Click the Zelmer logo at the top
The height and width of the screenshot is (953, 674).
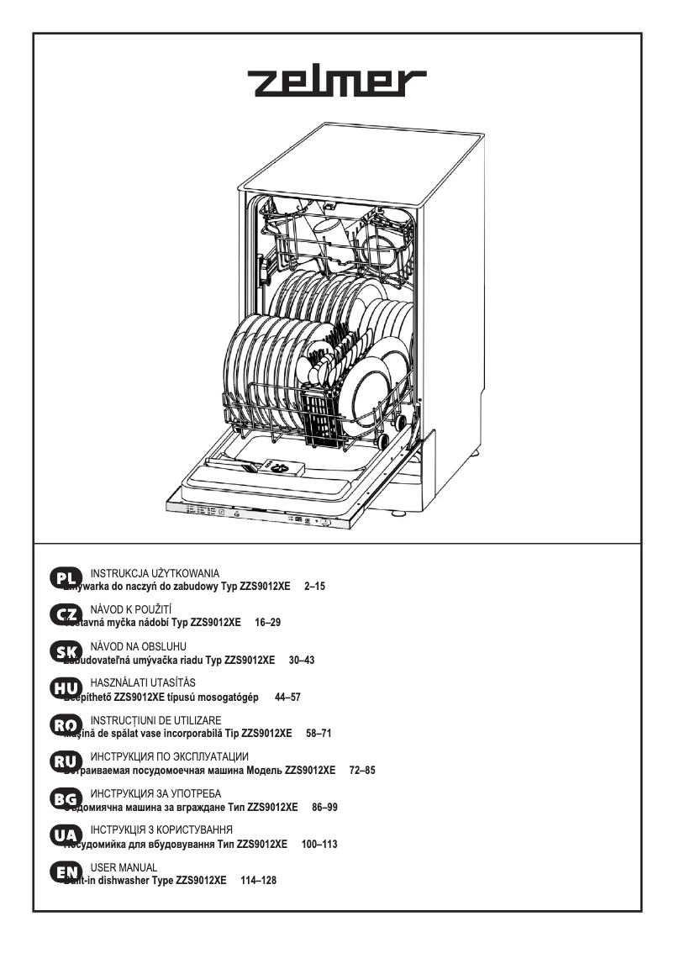click(336, 83)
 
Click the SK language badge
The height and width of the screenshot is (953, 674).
click(66, 651)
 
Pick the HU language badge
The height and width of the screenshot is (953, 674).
click(66, 688)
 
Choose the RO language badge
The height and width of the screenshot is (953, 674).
click(66, 725)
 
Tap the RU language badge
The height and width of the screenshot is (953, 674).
click(66, 762)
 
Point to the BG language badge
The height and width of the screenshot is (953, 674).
click(66, 799)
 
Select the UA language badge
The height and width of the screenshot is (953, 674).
click(66, 836)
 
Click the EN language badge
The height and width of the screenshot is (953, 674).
click(66, 873)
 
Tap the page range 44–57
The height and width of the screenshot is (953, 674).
click(287, 697)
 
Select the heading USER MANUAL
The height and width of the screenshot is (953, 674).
click(124, 867)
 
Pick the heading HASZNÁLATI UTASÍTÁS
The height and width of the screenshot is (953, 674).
click(143, 683)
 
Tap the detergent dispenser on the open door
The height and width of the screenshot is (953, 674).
click(277, 467)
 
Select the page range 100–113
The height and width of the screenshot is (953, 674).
click(319, 844)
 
